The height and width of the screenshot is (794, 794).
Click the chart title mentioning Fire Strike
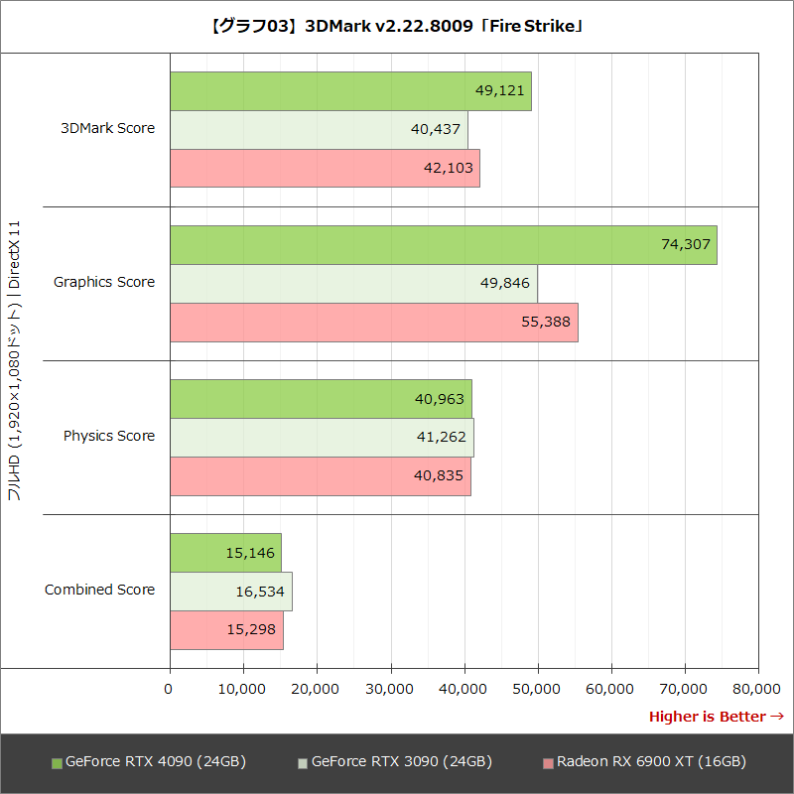tap(397, 27)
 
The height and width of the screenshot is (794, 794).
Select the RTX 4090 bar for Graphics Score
tap(443, 244)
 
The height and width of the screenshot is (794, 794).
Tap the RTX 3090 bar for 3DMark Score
tap(318, 129)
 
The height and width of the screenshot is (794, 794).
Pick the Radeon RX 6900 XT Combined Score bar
tap(226, 630)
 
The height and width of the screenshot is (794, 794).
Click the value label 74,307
tap(685, 244)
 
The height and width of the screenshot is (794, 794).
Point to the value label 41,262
tap(441, 437)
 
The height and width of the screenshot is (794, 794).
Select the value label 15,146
tap(248, 553)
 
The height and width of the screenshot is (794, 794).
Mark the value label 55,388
tap(547, 322)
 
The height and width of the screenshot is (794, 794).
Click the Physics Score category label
tap(109, 436)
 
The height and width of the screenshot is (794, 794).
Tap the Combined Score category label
tap(99, 590)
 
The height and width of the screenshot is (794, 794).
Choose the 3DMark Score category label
tap(107, 128)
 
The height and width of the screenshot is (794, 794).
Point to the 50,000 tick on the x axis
tap(538, 688)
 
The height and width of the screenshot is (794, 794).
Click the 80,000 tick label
tap(758, 688)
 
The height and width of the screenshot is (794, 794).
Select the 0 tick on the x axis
tap(170, 688)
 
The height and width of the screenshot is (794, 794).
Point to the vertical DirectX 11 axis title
tap(15, 362)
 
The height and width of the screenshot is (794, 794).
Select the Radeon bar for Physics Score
tap(320, 475)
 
